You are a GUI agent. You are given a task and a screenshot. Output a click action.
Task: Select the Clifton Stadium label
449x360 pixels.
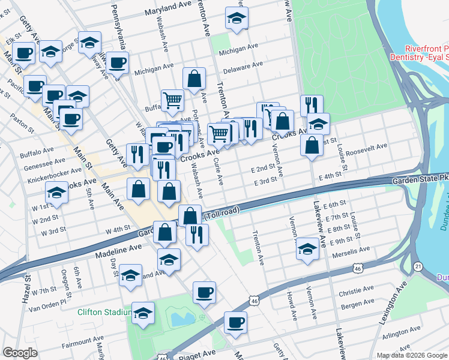coord(104,312)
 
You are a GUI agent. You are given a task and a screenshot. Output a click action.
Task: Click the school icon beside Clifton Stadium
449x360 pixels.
coord(142,314)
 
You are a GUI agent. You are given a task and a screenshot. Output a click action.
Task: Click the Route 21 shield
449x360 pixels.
coord(417,265)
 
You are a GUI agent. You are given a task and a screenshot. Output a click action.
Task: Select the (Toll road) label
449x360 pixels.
coord(221,212)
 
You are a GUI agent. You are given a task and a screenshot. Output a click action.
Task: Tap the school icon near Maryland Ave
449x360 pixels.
coord(237,19)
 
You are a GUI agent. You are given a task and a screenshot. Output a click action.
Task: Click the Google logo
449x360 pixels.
coord(20,352)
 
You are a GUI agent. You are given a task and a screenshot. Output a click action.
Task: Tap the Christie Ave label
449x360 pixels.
coord(355,290)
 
